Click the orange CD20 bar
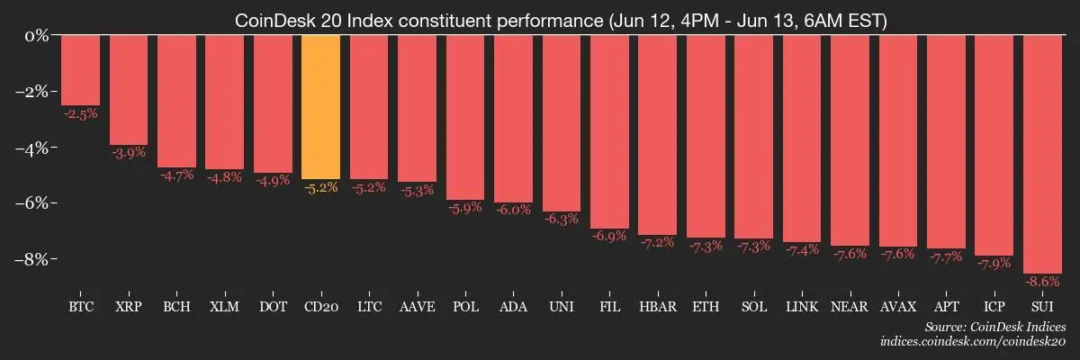click(320, 108)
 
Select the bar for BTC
click(80, 70)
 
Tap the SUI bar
click(1042, 154)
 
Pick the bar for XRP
click(128, 90)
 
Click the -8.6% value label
click(1042, 282)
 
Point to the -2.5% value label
click(80, 113)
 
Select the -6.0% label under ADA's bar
click(513, 210)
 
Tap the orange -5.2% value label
click(320, 188)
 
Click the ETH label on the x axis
click(706, 307)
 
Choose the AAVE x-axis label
click(417, 307)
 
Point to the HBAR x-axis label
click(657, 307)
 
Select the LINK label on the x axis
click(802, 307)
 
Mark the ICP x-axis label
click(994, 307)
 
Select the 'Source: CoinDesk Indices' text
click(994, 327)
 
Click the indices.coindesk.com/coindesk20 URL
click(973, 342)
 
